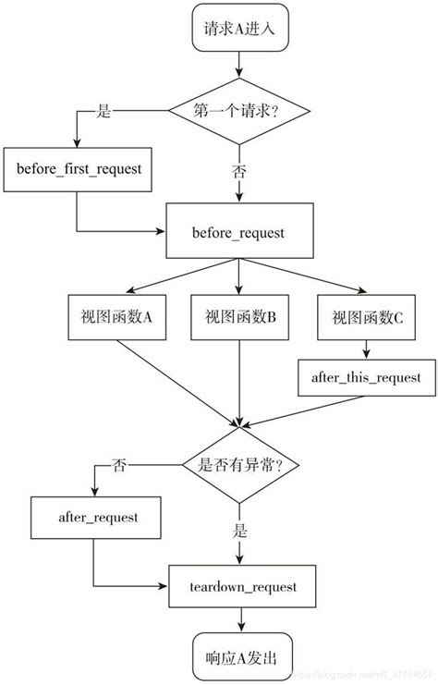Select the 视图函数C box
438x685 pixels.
click(x=367, y=316)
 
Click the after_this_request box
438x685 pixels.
click(x=367, y=377)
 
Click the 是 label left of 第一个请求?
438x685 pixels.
click(x=103, y=111)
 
